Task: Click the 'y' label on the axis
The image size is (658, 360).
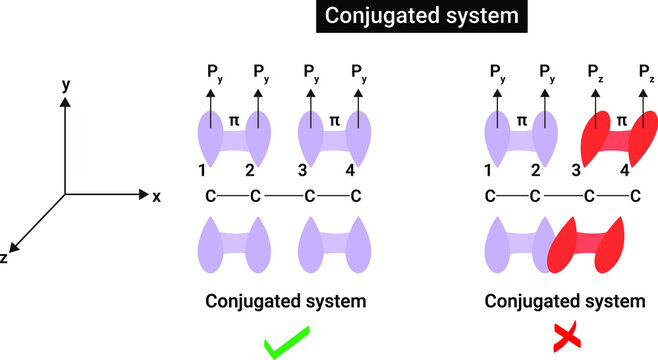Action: [x=66, y=87]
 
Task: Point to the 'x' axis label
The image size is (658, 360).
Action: [x=156, y=195]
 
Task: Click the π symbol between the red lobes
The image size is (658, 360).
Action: [x=620, y=120]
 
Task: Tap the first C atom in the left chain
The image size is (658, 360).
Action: [x=205, y=196]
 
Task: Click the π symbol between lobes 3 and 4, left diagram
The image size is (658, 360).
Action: [x=334, y=120]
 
